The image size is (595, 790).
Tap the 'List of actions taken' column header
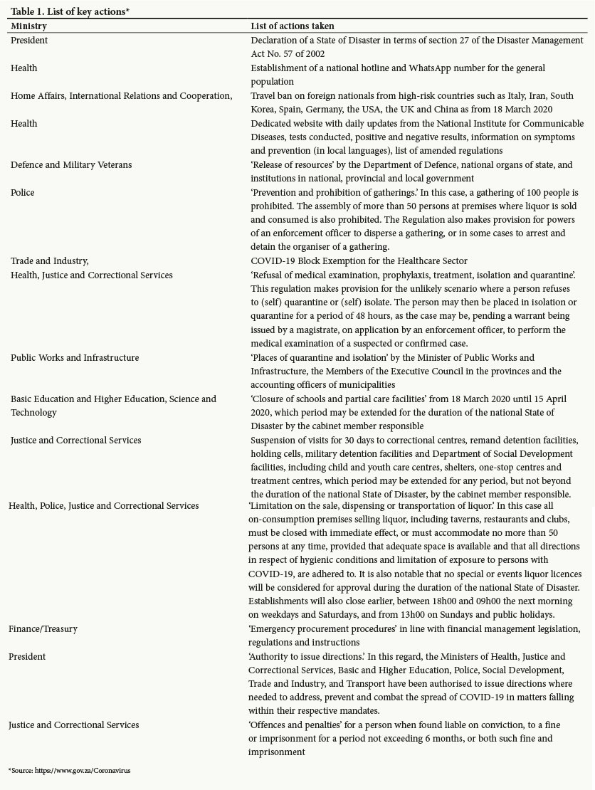tap(293, 26)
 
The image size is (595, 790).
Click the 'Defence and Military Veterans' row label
tap(70, 164)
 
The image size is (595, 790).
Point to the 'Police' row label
tap(22, 192)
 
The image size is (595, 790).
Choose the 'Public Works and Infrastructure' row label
tap(75, 357)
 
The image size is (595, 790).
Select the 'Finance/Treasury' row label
tap(43, 628)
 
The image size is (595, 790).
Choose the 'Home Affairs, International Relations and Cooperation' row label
tap(121, 96)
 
